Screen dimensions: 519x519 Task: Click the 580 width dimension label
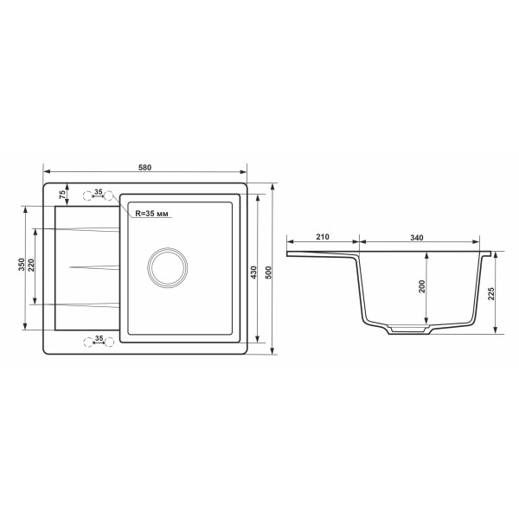pos(144,168)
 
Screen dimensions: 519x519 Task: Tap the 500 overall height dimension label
pos(268,272)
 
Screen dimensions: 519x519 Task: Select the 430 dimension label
pos(253,272)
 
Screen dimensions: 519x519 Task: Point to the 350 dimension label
pos(22,265)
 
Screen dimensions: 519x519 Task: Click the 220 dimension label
pos(31,266)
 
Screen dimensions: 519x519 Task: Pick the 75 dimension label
pos(62,195)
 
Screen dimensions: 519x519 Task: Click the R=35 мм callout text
pos(152,214)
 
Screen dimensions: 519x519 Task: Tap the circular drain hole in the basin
pos(168,267)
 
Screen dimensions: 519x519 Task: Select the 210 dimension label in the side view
pos(323,237)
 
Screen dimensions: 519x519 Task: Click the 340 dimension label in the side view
pos(417,237)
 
